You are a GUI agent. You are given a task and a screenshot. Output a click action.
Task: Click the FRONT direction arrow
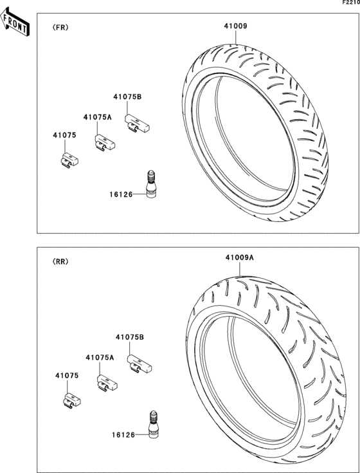15,22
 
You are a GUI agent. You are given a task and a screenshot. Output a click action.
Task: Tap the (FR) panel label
60,28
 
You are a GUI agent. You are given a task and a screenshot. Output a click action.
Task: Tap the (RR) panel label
60,262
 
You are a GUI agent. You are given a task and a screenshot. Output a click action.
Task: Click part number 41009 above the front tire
235,26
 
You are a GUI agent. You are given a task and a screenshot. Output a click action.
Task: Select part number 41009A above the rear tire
240,258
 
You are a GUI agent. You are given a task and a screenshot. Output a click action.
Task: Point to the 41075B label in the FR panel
127,97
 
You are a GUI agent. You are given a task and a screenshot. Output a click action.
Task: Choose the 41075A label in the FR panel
97,118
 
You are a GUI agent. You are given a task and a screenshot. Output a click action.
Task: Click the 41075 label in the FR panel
64,135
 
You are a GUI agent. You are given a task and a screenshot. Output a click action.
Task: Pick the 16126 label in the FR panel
121,194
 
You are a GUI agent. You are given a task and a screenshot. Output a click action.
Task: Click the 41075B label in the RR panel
130,337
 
